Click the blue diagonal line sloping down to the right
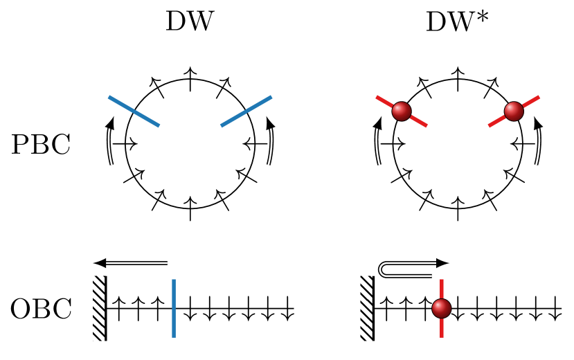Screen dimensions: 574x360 tap(134, 111)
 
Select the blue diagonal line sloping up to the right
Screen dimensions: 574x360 tap(246, 111)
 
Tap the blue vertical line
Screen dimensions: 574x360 tap(173, 308)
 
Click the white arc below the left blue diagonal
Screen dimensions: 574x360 tap(109, 146)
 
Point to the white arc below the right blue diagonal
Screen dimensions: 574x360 tap(271, 146)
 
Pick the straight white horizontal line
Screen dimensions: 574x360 tap(136, 263)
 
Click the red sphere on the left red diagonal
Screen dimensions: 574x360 tap(402, 111)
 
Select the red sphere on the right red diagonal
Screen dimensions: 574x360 tap(514, 111)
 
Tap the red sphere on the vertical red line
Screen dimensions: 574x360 tap(442, 309)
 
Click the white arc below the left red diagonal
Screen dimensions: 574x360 tap(377, 146)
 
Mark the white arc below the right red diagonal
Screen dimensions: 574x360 tap(538, 146)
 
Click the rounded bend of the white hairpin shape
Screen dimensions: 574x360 tap(381, 269)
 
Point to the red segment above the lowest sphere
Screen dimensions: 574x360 tap(442, 289)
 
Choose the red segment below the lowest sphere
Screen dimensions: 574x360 tap(442, 328)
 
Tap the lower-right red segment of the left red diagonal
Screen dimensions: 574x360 tap(419, 122)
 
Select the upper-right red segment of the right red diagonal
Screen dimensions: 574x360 tap(531, 101)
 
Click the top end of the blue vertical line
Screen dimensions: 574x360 tap(173, 280)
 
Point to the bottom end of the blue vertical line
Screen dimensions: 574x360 tap(173, 336)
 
